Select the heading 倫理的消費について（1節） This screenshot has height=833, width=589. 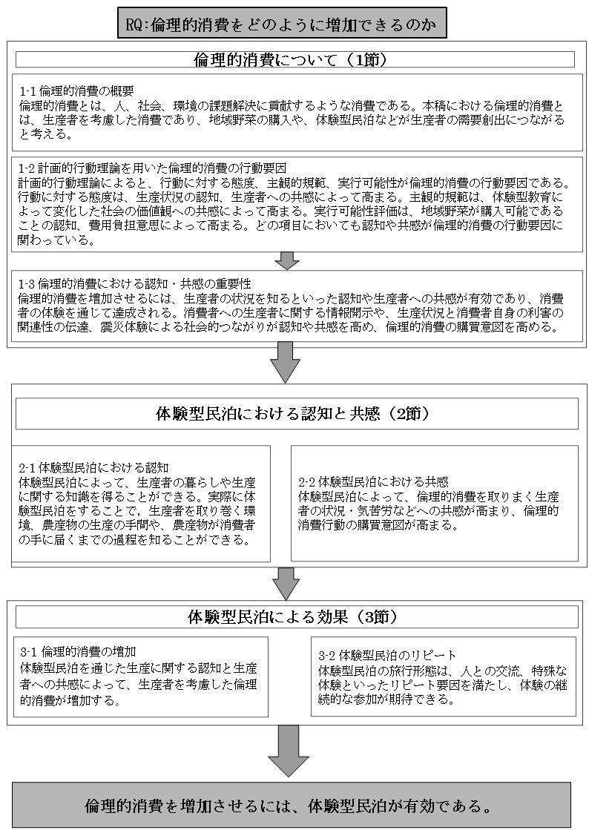(295, 59)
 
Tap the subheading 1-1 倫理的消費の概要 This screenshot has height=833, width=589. (76, 91)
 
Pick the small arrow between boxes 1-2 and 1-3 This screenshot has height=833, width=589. (286, 260)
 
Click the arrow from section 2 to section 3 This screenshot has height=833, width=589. (285, 583)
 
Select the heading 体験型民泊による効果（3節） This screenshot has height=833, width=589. (294, 616)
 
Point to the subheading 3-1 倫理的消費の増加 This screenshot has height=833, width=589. (78, 652)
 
